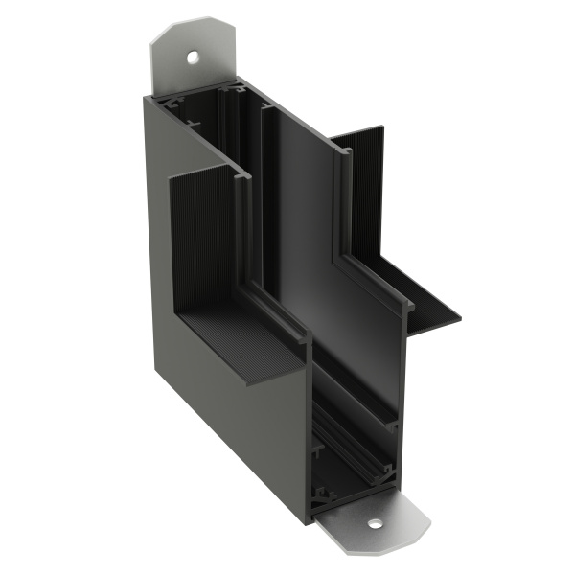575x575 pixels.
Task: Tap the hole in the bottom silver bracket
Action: tap(373, 524)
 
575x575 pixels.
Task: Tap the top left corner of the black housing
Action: tap(154, 96)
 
